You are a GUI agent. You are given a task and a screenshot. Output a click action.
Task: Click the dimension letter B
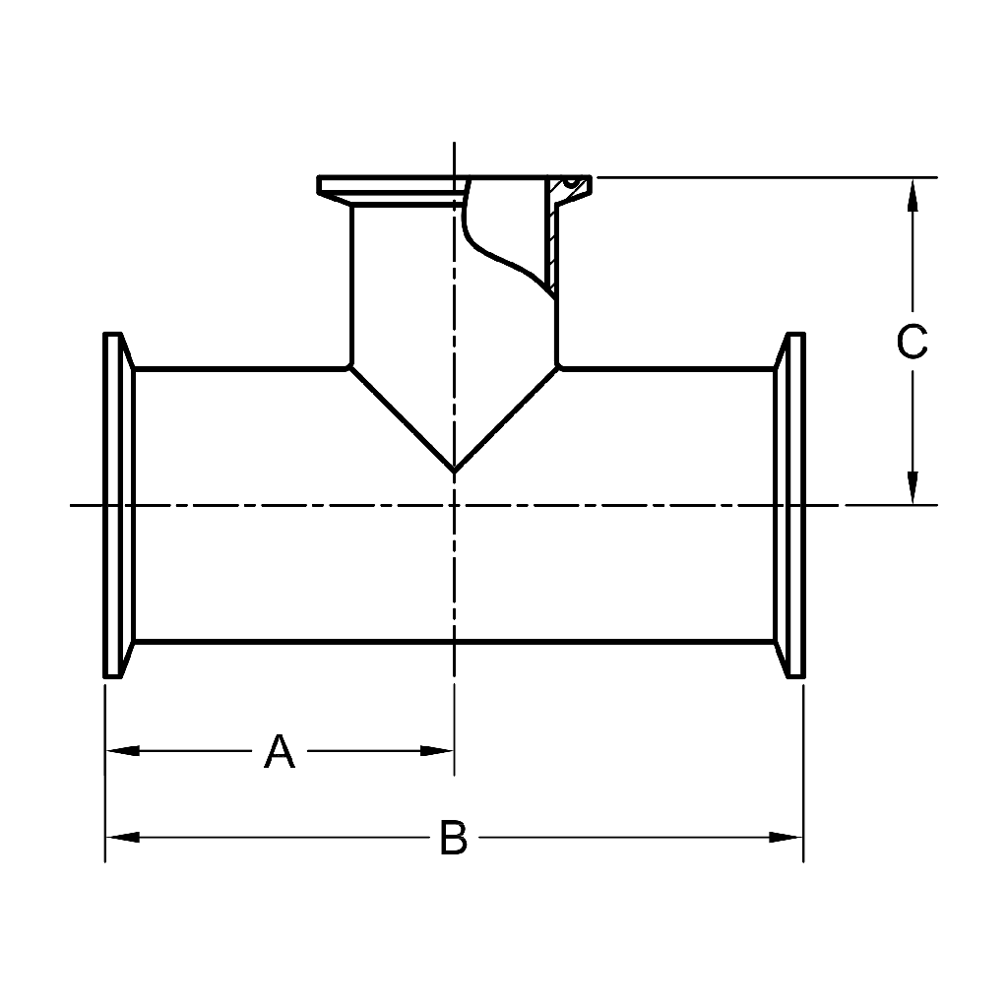[453, 839]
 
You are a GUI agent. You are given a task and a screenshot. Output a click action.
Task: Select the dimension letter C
[912, 342]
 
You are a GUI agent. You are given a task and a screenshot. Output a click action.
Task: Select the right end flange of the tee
[792, 506]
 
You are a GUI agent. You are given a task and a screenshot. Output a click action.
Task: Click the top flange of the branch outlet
[394, 185]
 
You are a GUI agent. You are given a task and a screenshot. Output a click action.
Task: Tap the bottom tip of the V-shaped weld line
[454, 471]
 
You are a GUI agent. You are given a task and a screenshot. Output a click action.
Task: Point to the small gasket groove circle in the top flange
[569, 182]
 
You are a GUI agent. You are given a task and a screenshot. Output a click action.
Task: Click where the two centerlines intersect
[454, 506]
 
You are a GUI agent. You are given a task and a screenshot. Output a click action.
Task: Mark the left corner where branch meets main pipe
[350, 368]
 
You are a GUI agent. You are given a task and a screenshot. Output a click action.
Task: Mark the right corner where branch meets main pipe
[558, 368]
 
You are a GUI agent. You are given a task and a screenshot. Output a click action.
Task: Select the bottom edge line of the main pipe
[453, 642]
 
